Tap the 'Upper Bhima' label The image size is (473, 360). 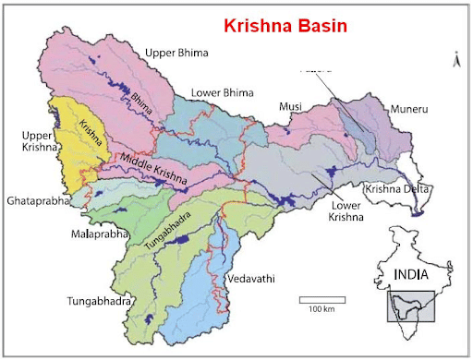(176, 54)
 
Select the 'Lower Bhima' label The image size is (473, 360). (221, 93)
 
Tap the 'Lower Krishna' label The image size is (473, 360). (343, 211)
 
